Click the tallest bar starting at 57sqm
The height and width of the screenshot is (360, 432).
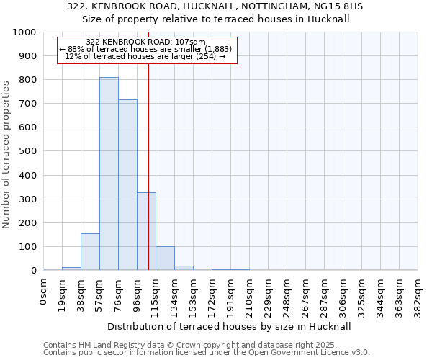pos(109,174)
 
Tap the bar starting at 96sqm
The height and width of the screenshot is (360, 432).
pos(146,231)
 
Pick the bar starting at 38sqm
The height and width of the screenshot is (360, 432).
pos(90,252)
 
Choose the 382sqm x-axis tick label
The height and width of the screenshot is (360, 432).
pos(418,294)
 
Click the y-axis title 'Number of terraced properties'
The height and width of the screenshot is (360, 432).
pos(6,154)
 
